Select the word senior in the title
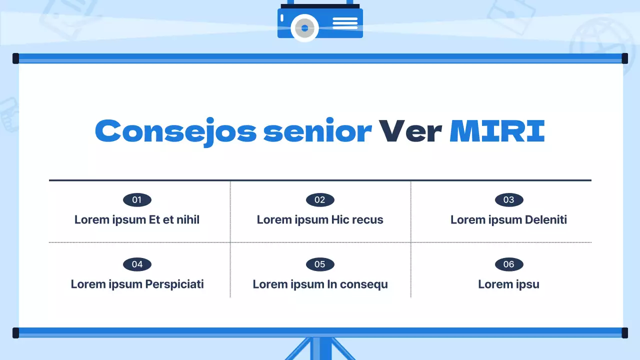coord(317,131)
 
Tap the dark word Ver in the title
coord(410,131)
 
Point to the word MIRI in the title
coord(497,131)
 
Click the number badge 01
coord(137,200)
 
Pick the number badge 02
coord(320,200)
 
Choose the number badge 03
coord(509,200)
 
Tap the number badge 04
coord(137,264)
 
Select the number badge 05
coord(320,264)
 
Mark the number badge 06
coord(509,264)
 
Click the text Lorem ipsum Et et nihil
coord(137,219)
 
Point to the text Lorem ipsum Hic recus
coord(320,219)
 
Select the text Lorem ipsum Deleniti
coord(508,219)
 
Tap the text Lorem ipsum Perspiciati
coord(137,284)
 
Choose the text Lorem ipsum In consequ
coord(320,284)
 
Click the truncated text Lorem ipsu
coord(508,284)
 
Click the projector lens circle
coord(304,28)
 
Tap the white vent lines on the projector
coord(345,23)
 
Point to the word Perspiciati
coord(174,284)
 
